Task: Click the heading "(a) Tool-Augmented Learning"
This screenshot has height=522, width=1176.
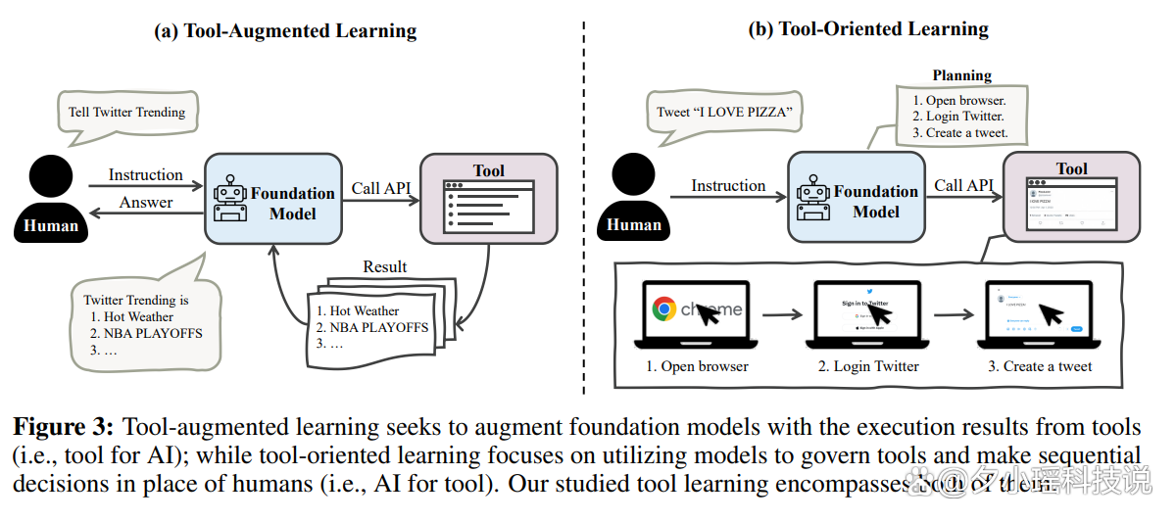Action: click(x=285, y=31)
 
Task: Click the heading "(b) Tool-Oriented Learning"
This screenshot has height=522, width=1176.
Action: click(x=868, y=29)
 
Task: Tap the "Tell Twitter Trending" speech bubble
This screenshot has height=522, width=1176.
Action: click(x=126, y=112)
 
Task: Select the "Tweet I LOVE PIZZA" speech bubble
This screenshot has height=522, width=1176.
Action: click(x=724, y=112)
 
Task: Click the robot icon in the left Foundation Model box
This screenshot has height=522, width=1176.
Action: click(x=229, y=200)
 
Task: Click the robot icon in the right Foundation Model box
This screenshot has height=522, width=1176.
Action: click(x=812, y=198)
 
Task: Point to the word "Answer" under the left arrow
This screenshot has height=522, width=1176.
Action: click(x=146, y=203)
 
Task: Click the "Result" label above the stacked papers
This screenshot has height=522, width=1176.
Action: click(x=385, y=266)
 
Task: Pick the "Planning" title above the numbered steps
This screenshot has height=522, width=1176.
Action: click(x=961, y=75)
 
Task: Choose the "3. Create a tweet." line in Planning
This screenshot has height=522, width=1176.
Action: click(x=959, y=133)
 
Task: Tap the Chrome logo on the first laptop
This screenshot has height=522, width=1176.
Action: click(x=665, y=309)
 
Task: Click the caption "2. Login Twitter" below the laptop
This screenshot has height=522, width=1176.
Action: click(x=869, y=366)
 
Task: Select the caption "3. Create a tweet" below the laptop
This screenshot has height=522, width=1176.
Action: click(x=1040, y=366)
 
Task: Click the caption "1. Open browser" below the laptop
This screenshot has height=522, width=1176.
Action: click(x=697, y=366)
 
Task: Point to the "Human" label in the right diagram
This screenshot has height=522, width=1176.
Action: click(x=634, y=225)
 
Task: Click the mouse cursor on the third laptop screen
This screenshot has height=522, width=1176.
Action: click(x=1050, y=313)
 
